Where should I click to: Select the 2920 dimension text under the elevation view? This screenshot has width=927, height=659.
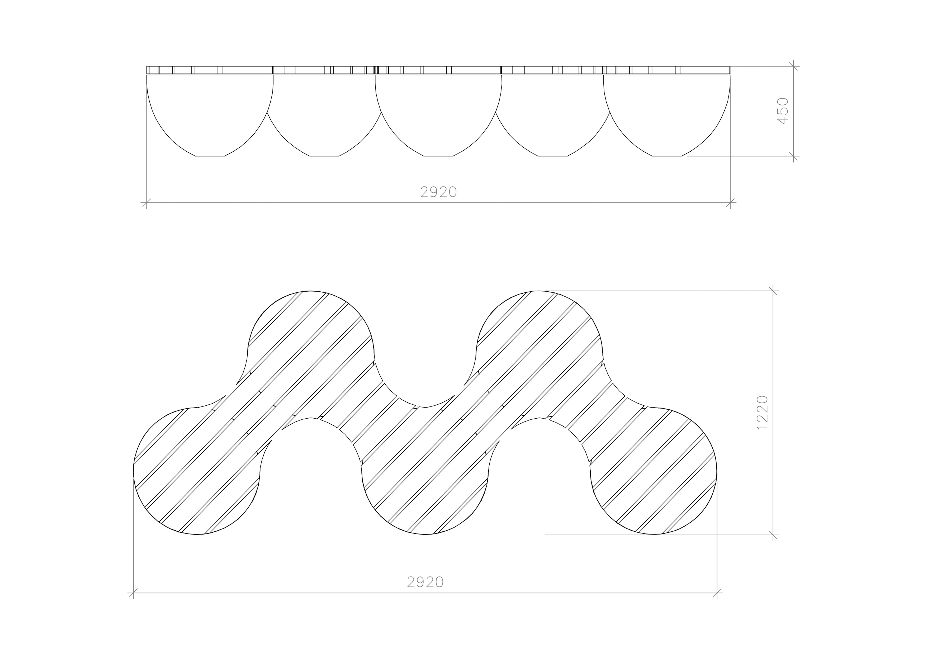[x=438, y=192]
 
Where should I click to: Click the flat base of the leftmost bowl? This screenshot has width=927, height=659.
[x=210, y=156]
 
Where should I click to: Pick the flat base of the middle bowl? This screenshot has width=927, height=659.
[x=438, y=156]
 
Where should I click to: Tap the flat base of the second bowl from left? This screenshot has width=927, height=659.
[x=324, y=156]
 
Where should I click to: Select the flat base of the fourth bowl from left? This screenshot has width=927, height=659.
[x=553, y=156]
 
